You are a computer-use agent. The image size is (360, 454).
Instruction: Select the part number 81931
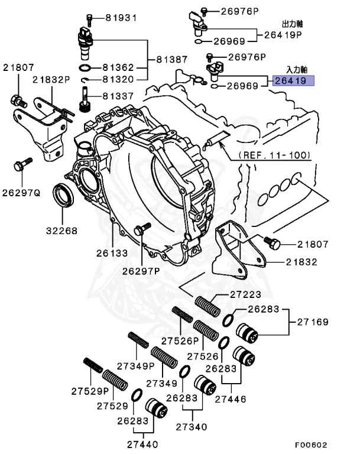121,17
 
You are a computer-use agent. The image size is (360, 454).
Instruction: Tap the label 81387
172,60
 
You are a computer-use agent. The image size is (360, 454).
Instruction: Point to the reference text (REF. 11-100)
275,155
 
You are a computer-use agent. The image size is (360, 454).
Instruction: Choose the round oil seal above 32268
63,196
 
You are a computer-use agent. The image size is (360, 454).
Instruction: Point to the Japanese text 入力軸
293,70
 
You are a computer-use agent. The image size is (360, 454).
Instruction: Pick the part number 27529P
90,391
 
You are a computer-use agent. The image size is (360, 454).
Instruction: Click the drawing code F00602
311,445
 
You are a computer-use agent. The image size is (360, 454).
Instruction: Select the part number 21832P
51,79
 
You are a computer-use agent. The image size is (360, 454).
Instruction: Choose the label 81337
121,95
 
